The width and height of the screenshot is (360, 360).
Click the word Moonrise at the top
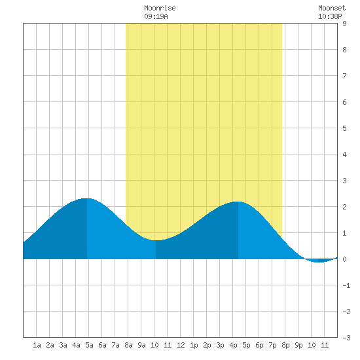(160, 8)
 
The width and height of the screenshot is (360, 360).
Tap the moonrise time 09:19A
(156, 16)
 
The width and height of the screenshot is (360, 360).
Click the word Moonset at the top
(332, 8)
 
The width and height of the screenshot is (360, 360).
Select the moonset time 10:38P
(330, 16)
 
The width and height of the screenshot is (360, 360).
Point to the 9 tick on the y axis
(344, 24)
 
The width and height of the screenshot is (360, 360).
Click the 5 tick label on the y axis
(344, 128)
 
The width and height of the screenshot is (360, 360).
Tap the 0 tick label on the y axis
(344, 259)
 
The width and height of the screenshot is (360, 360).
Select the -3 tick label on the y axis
(346, 338)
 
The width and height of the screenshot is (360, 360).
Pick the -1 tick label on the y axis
(346, 285)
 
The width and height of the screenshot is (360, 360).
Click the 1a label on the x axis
(37, 345)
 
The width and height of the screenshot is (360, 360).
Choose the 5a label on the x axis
(89, 345)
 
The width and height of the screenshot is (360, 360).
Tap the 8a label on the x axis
(128, 345)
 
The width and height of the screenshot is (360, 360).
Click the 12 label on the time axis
(181, 345)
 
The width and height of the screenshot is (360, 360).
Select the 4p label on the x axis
(233, 345)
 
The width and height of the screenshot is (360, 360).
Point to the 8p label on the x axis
(285, 345)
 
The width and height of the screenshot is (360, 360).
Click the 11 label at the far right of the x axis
(325, 345)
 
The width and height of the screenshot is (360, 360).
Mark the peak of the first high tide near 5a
(87, 198)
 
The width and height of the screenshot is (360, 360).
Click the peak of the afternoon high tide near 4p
(238, 202)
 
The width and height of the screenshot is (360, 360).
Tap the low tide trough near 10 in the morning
(156, 240)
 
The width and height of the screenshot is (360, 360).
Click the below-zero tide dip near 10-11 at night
(319, 262)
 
